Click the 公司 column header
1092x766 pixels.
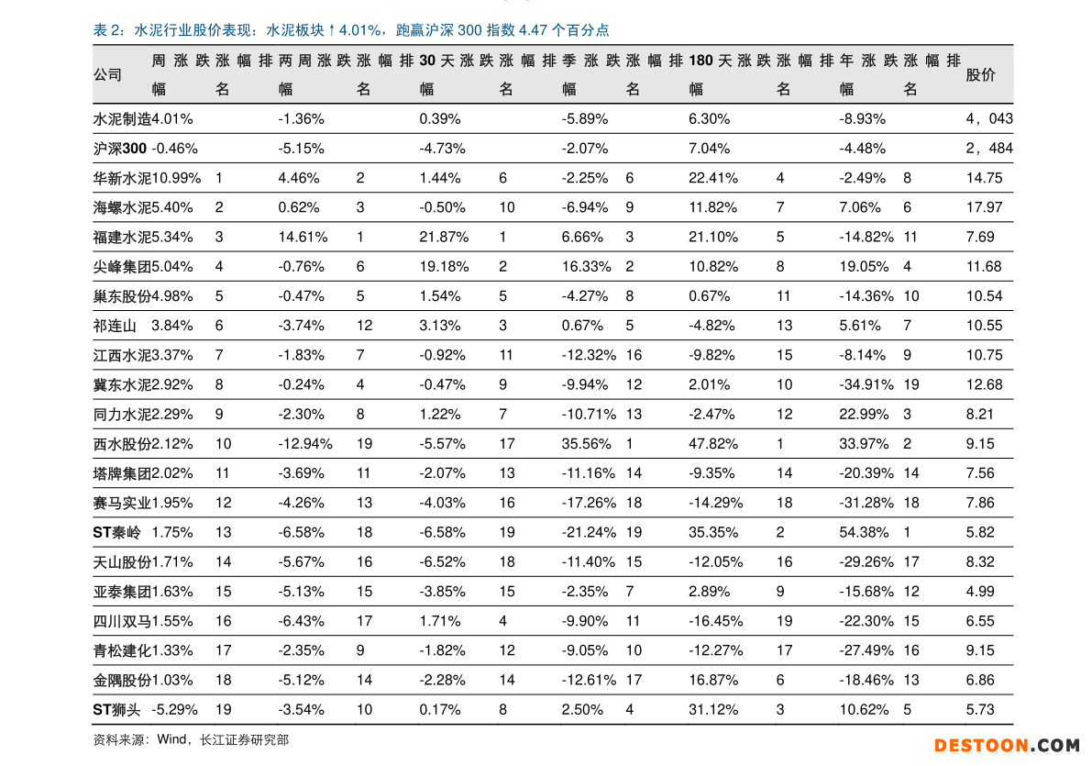pyautogui.click(x=107, y=75)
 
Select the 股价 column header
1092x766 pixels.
pyautogui.click(x=980, y=75)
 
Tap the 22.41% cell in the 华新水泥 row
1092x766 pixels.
pyautogui.click(x=713, y=178)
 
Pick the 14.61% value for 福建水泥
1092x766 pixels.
pyautogui.click(x=303, y=237)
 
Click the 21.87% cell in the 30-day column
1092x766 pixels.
pyautogui.click(x=444, y=237)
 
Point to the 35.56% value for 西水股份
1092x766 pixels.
pyautogui.click(x=586, y=444)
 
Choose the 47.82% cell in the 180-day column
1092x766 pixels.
pyautogui.click(x=713, y=444)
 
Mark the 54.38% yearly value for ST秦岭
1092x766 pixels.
pyautogui.click(x=864, y=532)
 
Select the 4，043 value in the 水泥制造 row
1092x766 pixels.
pyautogui.click(x=988, y=119)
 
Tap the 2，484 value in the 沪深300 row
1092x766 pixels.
pyautogui.click(x=988, y=149)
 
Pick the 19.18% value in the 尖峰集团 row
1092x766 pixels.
pyautogui.click(x=444, y=266)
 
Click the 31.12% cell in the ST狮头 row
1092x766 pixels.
pyautogui.click(x=713, y=709)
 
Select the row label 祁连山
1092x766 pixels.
pyautogui.click(x=115, y=326)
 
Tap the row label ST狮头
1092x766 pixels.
pyautogui.click(x=116, y=709)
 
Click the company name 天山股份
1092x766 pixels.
pyautogui.click(x=122, y=561)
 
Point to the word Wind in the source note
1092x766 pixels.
pyautogui.click(x=171, y=739)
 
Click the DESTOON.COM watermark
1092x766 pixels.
pyautogui.click(x=1007, y=746)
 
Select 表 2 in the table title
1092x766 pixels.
pyautogui.click(x=107, y=30)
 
